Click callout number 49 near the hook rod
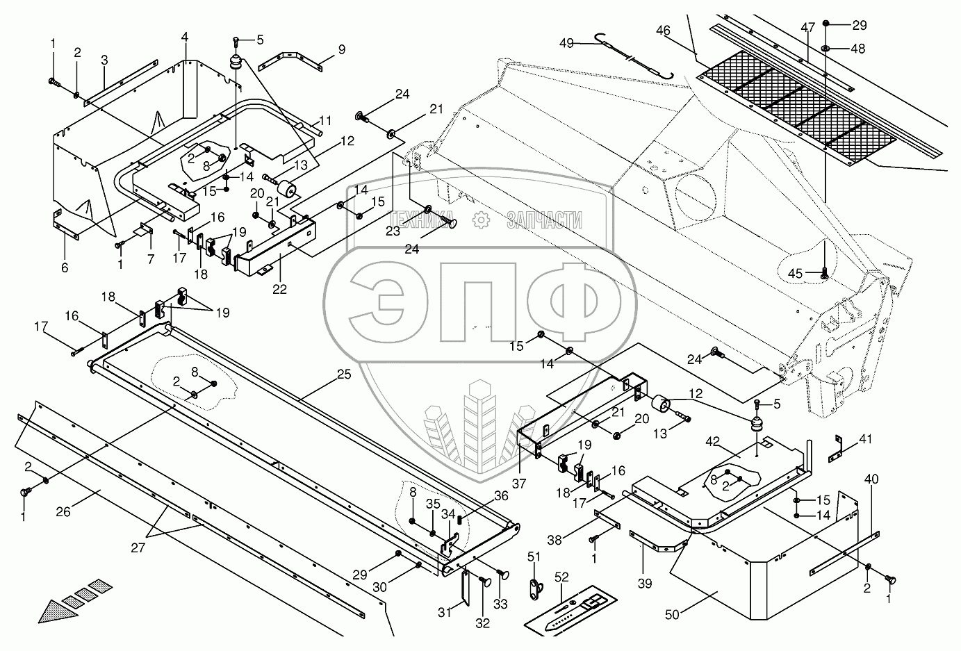click(566, 42)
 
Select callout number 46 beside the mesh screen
click(663, 30)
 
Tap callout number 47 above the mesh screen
click(807, 28)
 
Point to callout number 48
click(859, 49)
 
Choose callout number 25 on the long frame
click(344, 374)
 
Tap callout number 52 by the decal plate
click(561, 577)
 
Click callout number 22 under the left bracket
click(279, 289)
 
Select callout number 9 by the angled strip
click(341, 49)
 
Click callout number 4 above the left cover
click(185, 35)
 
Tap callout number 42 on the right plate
click(713, 440)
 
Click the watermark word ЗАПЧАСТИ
click(544, 220)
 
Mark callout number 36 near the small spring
click(502, 496)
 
